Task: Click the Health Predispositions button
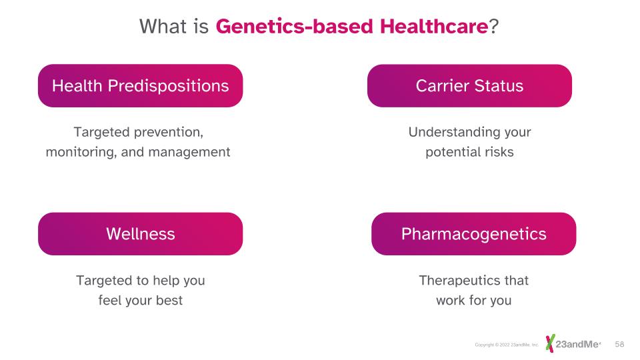141,86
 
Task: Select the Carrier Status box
469,86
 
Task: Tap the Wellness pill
141,234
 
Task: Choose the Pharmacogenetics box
473,234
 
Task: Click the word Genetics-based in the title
294,27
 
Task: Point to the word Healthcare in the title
434,27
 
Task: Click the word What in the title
163,27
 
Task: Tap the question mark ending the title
493,27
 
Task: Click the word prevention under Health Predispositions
169,132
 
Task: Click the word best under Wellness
169,301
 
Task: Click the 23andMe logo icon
550,343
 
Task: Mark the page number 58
619,344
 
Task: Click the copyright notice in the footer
507,345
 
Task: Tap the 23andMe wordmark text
577,344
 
